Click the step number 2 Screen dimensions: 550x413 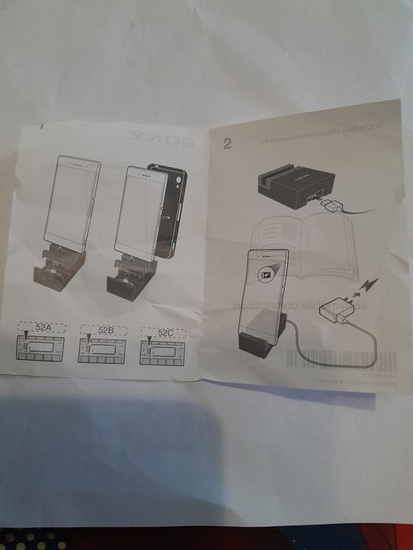[x=227, y=142]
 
